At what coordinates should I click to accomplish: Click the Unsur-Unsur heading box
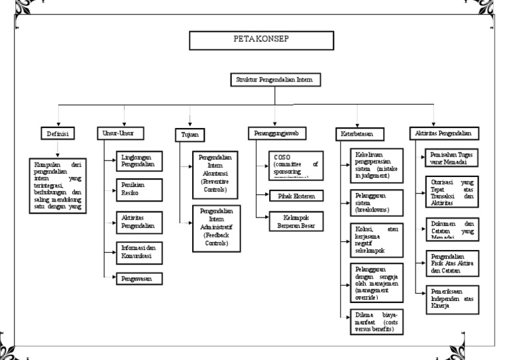[x=119, y=133]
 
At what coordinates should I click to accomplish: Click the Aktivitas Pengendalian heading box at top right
[x=443, y=133]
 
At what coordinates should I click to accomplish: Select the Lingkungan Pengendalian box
[x=137, y=161]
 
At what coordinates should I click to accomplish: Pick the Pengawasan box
[x=137, y=279]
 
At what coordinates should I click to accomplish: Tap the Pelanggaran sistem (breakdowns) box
[x=375, y=202]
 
